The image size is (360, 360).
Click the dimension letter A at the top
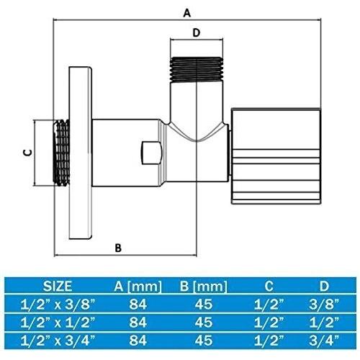tap(187, 12)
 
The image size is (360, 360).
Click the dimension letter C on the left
tap(27, 152)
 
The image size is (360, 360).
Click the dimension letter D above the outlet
tap(196, 32)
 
